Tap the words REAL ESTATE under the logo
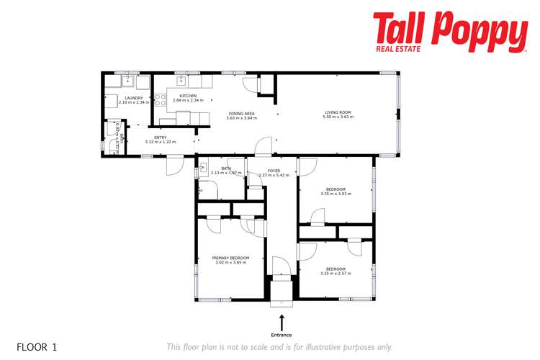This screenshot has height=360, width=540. [x=400, y=50]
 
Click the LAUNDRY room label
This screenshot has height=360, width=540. [x=134, y=98]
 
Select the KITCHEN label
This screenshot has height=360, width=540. [x=188, y=96]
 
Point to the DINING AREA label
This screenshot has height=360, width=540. [x=241, y=113]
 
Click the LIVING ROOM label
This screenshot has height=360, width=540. [x=337, y=112]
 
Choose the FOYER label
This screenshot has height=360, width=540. [x=274, y=170]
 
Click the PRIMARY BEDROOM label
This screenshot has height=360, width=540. [x=230, y=257]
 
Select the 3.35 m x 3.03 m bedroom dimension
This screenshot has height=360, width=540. [x=336, y=194]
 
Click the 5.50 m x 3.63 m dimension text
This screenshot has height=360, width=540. [x=337, y=117]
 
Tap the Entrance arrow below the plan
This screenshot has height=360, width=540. [x=282, y=322]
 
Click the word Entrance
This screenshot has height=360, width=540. [x=282, y=335]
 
